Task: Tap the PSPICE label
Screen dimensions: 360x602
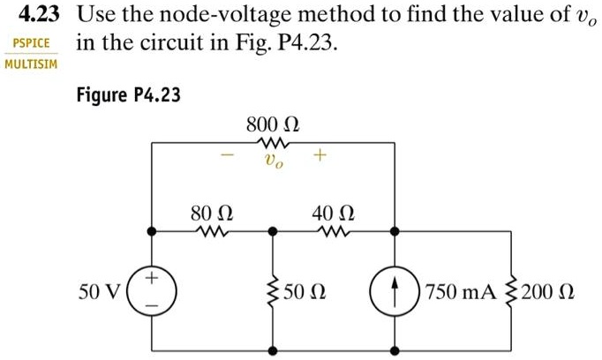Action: click(29, 43)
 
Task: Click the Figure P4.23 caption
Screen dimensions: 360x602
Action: click(128, 94)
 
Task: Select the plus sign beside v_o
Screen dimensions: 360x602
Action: click(318, 156)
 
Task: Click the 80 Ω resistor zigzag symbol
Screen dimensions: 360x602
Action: click(212, 231)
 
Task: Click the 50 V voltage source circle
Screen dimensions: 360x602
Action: click(152, 291)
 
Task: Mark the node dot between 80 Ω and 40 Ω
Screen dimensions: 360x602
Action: click(273, 231)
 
